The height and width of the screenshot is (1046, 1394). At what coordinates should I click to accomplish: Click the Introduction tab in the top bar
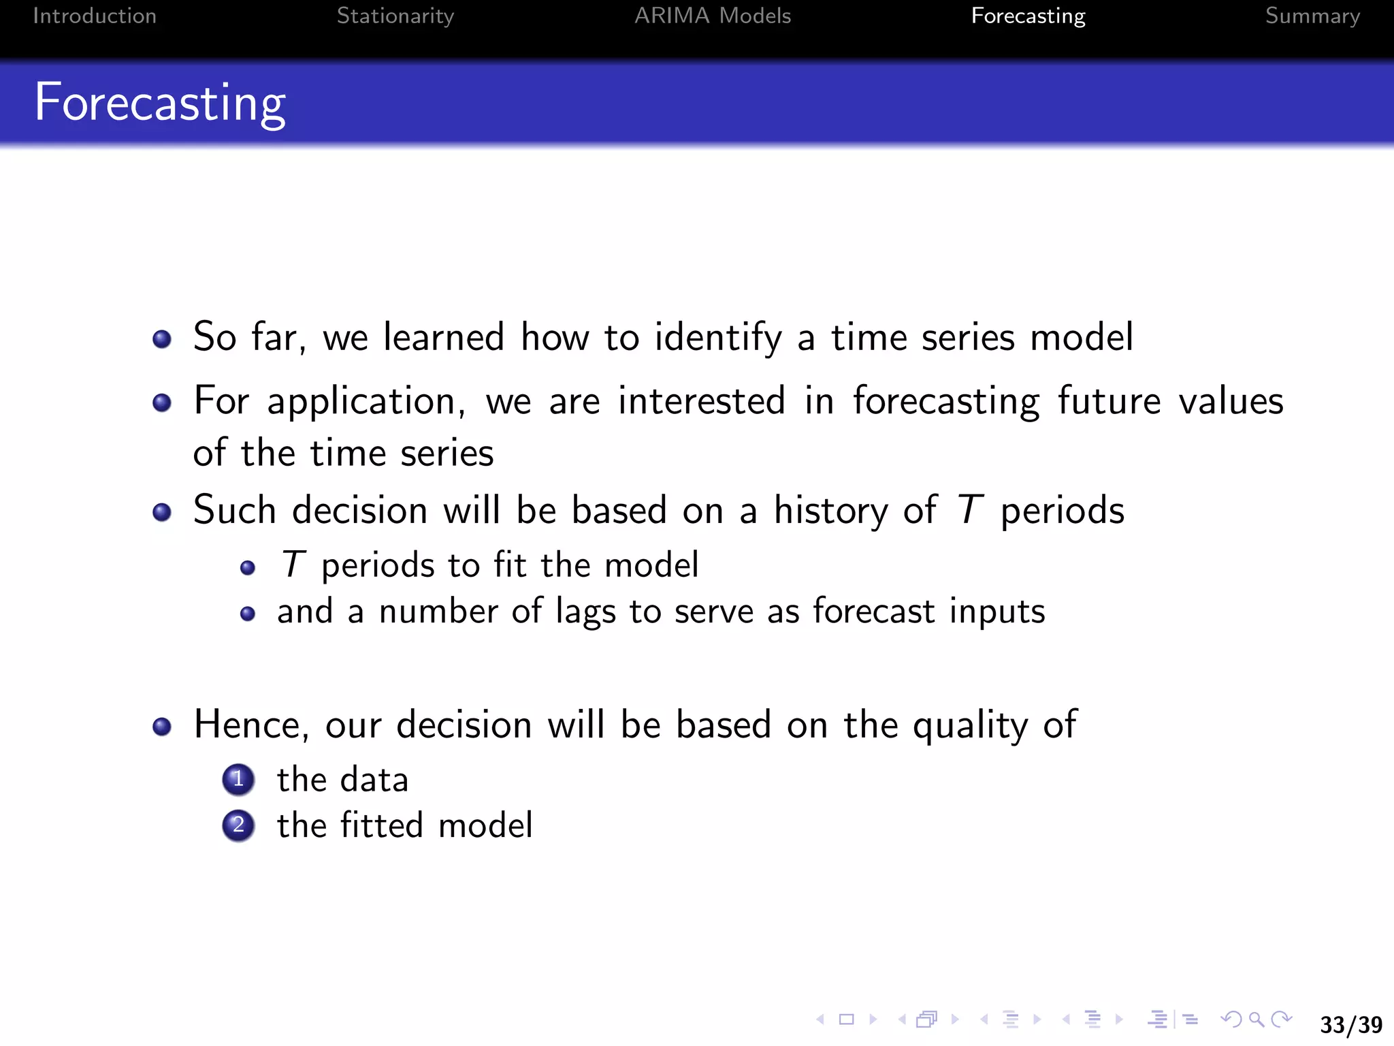pos(95,16)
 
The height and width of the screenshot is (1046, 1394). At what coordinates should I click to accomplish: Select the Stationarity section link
pos(395,16)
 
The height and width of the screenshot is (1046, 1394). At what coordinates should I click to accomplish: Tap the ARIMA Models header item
pos(712,16)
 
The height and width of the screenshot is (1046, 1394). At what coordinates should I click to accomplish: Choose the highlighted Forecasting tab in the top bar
pos(1028,16)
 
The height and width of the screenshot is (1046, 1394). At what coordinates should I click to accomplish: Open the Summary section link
pos(1312,16)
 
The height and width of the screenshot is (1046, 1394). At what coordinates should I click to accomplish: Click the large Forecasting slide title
pos(160,103)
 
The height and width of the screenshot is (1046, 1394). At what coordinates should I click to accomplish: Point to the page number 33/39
pos(1350,1024)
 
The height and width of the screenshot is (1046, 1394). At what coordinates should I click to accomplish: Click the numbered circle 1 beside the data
pos(238,779)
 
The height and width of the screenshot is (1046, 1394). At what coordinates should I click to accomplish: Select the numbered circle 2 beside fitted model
pos(238,825)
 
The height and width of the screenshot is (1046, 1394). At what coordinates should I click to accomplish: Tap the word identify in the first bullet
pos(718,338)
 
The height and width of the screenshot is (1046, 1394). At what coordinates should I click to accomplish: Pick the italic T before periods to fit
pos(293,565)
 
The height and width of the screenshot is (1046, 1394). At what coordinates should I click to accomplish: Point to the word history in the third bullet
pos(830,511)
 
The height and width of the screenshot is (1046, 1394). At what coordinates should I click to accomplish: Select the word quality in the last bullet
pos(970,725)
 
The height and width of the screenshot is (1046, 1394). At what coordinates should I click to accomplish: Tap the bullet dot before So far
pos(162,338)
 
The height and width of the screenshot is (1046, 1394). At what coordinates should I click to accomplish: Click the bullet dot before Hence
pos(162,726)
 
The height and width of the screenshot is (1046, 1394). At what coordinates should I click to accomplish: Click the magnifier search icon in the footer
pos(1257,1019)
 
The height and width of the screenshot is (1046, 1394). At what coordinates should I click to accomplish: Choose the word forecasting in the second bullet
pos(946,401)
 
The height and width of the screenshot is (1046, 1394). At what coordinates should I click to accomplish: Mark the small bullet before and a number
pos(248,614)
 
